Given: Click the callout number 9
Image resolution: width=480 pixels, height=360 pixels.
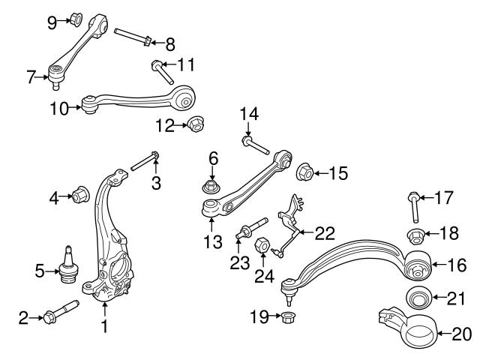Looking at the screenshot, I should [52, 22].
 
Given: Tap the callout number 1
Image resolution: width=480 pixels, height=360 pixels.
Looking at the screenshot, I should [105, 326].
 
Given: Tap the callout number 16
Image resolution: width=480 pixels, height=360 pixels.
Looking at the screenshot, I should [457, 264].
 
